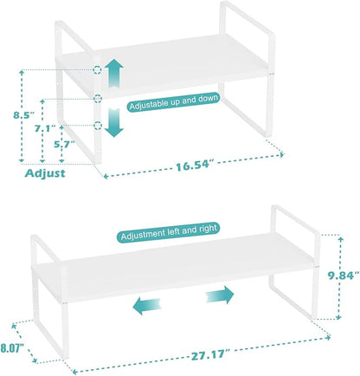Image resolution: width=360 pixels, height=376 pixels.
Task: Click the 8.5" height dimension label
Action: pyautogui.click(x=23, y=115)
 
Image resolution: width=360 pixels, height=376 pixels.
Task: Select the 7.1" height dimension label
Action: pyautogui.click(x=45, y=128)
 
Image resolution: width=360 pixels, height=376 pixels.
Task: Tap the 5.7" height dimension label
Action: pyautogui.click(x=64, y=144)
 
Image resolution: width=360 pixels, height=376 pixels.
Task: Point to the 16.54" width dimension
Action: pyautogui.click(x=196, y=165)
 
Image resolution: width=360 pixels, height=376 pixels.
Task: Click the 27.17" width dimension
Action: pyautogui.click(x=211, y=355)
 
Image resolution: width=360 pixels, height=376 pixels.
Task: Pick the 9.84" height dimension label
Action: pyautogui.click(x=344, y=276)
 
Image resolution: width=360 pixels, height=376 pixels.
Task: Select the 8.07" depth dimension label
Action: pyautogui.click(x=12, y=348)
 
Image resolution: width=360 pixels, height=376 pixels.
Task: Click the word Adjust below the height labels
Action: pyautogui.click(x=45, y=173)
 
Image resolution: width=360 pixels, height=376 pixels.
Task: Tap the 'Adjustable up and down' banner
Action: pyautogui.click(x=174, y=102)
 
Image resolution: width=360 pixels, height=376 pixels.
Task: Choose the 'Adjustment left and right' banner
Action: pyautogui.click(x=169, y=232)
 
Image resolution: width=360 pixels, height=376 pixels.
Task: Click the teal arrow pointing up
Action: pyautogui.click(x=114, y=73)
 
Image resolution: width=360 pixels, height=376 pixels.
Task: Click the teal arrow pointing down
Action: pyautogui.click(x=114, y=122)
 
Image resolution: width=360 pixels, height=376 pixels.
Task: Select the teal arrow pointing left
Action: pyautogui.click(x=146, y=306)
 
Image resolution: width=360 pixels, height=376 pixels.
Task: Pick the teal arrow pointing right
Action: pyautogui.click(x=220, y=295)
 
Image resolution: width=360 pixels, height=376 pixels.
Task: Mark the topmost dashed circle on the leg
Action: pyautogui.click(x=98, y=70)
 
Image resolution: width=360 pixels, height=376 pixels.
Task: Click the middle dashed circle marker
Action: pyautogui.click(x=98, y=99)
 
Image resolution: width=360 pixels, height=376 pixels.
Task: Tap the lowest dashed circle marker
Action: pyautogui.click(x=98, y=126)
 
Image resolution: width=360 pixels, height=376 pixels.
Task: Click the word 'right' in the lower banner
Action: pyautogui.click(x=208, y=229)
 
